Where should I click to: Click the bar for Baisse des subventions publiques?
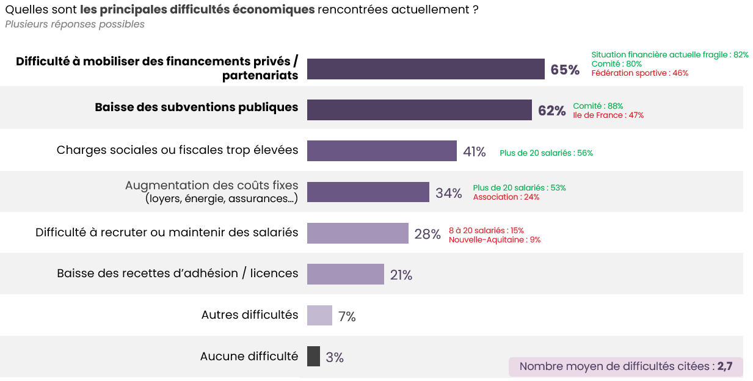[419, 110]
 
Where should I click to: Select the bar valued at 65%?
[426, 69]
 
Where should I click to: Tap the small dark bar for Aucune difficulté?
[313, 357]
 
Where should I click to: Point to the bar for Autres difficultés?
[319, 316]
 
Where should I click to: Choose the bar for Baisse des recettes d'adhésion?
[345, 274]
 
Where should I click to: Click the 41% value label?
[475, 152]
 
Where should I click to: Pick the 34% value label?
[448, 194]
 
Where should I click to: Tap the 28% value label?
[427, 234]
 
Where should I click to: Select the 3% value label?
[335, 358]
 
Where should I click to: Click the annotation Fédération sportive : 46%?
[639, 73]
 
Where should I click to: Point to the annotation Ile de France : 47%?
[608, 115]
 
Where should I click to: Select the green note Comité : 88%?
[598, 106]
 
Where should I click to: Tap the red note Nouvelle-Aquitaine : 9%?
[495, 240]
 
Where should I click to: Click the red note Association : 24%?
[506, 197]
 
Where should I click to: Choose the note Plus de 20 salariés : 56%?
[546, 153]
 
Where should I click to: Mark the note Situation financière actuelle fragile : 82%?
[669, 55]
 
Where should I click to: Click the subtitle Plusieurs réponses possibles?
[75, 24]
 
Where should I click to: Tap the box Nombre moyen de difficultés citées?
[625, 367]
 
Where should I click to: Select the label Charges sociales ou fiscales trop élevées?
[177, 150]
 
